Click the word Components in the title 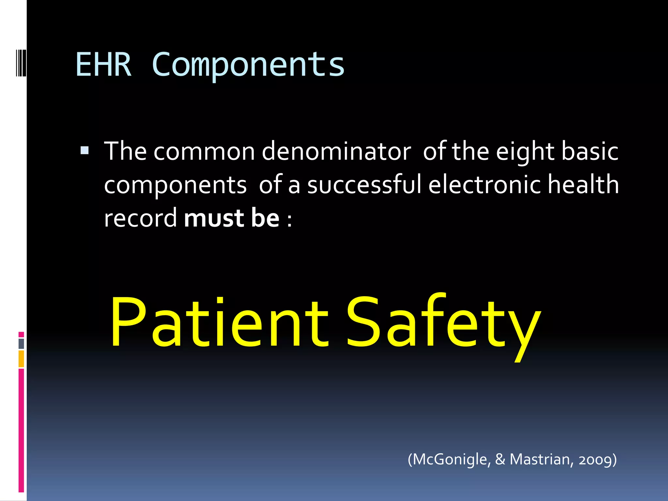point(248,65)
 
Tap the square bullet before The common point(84,150)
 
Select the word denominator point(336,152)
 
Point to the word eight point(525,152)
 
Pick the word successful point(364,185)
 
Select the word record point(140,218)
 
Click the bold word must point(214,218)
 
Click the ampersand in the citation point(500,459)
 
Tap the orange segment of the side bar point(21,358)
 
